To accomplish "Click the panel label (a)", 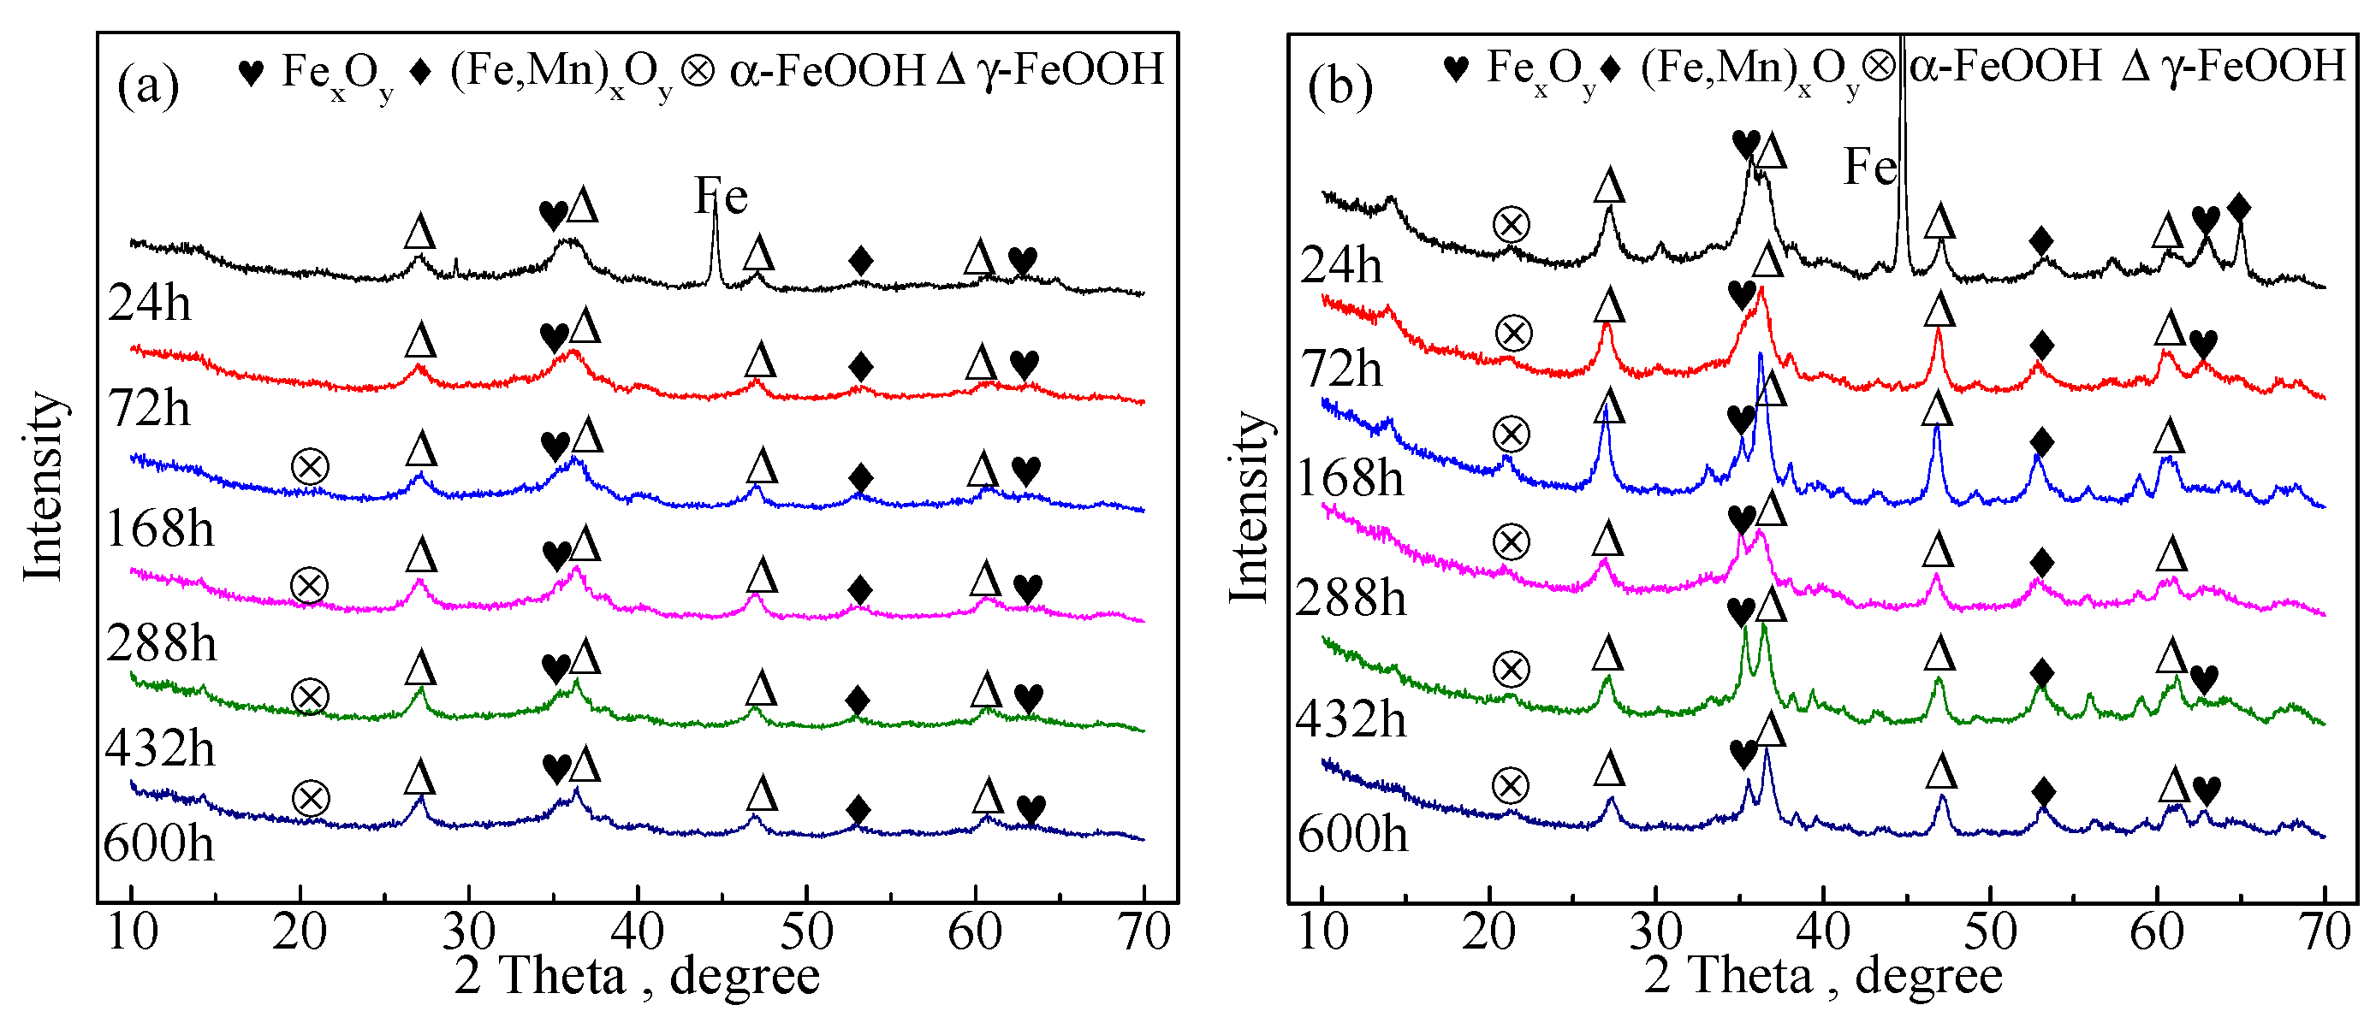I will [x=147, y=86].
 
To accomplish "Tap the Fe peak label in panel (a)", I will [x=721, y=196].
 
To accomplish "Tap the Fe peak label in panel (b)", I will [x=1869, y=168].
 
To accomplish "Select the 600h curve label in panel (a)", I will [x=158, y=843].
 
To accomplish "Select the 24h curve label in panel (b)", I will [x=1340, y=266].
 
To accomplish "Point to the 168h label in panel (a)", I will [x=159, y=529].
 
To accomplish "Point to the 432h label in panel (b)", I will [x=1351, y=718].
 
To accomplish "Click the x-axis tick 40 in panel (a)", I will [x=637, y=931].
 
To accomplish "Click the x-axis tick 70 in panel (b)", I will [x=2325, y=931].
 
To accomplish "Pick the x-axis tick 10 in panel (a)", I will [x=133, y=931].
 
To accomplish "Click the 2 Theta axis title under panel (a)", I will [x=637, y=977].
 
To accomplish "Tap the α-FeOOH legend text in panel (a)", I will [x=827, y=70].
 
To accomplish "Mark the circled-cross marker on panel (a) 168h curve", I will [x=310, y=467].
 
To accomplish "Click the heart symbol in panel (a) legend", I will [x=250, y=72].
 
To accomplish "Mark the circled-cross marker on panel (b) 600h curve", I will [x=1510, y=786].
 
